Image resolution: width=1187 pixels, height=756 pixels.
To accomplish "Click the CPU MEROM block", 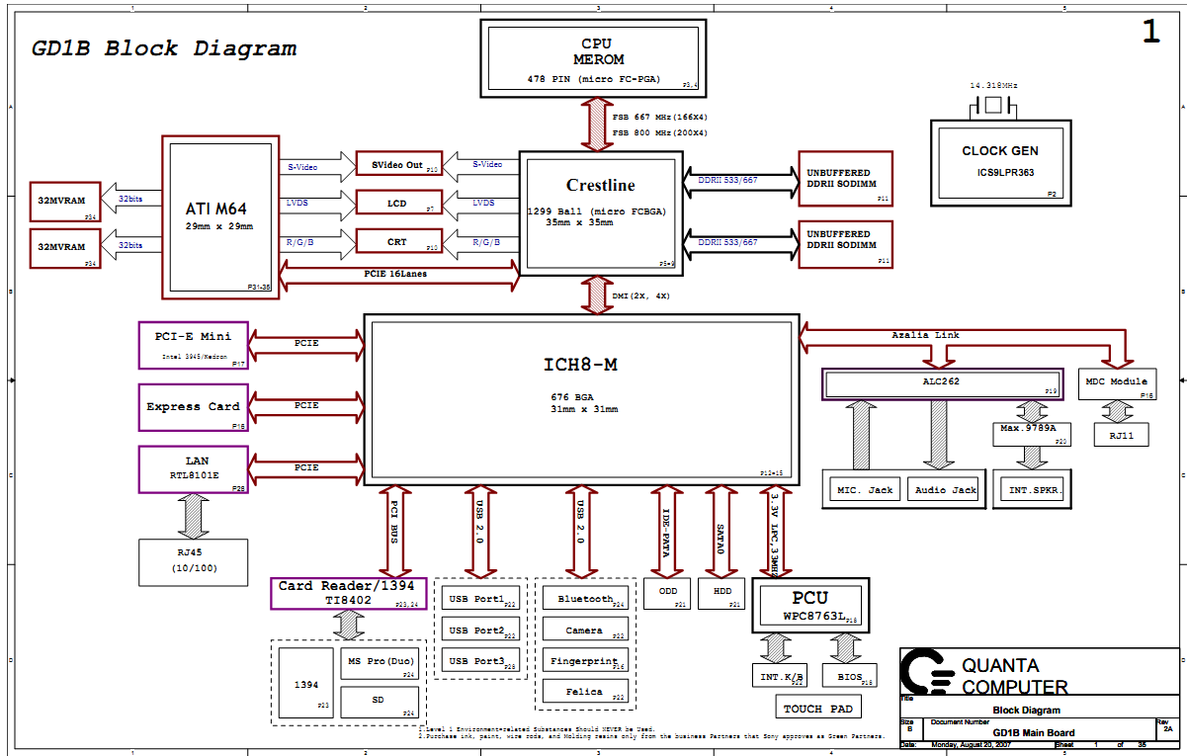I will tap(598, 58).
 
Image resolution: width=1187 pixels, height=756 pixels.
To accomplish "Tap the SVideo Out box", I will tap(398, 164).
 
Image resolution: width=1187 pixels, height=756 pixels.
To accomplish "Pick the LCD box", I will tap(398, 204).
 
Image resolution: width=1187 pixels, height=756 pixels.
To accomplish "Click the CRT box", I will tap(398, 242).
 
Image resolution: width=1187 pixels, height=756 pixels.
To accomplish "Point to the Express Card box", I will tap(193, 407).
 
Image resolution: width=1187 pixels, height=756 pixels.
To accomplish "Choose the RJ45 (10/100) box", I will tap(193, 561).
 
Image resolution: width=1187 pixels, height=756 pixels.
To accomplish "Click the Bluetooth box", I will tap(585, 599).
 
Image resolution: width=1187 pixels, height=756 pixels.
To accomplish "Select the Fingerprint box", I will tap(585, 661).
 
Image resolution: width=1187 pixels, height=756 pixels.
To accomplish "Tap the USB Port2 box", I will tap(477, 630).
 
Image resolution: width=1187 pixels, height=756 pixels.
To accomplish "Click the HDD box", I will tap(721, 592).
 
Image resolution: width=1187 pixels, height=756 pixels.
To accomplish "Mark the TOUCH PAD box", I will tap(817, 708).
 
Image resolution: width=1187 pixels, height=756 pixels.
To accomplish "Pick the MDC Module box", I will tap(1116, 382).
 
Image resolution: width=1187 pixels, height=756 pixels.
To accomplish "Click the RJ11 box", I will tap(1121, 434).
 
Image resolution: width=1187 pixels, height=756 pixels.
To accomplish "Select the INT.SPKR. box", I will tap(1032, 490).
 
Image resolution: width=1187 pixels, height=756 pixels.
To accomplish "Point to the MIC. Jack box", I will tap(864, 488).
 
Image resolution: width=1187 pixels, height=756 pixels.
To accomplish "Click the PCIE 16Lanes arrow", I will tap(400, 273).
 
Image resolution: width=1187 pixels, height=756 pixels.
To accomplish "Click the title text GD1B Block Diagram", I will tap(164, 48).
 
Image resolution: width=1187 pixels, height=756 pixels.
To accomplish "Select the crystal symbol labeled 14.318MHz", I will tap(993, 105).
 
